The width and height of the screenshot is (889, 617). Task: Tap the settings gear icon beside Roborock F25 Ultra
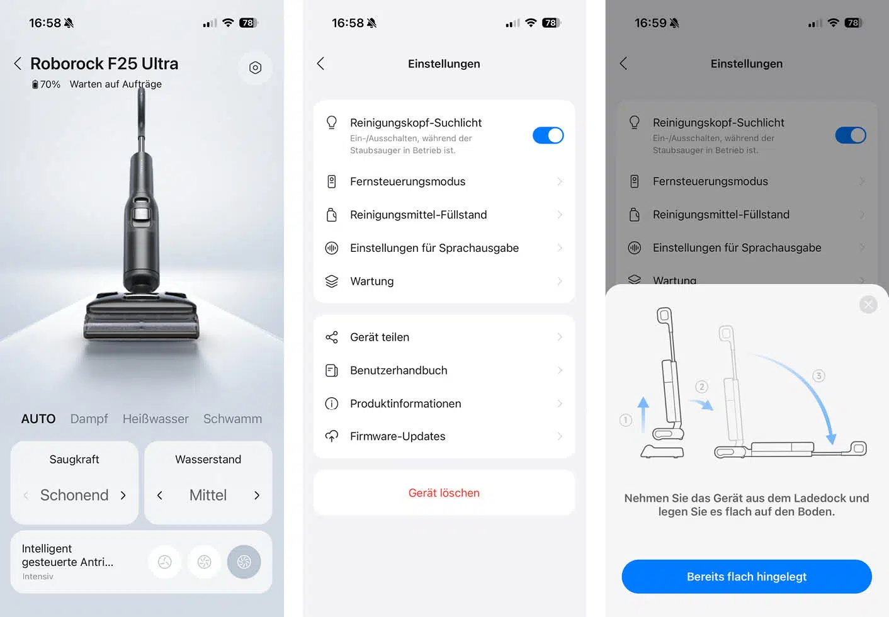(x=255, y=67)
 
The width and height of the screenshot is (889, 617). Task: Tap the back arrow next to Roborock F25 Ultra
(x=18, y=64)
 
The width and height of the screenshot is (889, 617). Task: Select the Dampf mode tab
(x=89, y=419)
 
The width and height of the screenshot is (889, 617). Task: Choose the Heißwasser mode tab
(x=156, y=419)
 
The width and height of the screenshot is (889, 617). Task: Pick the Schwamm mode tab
(x=232, y=419)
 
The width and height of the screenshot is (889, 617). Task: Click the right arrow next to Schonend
(x=123, y=495)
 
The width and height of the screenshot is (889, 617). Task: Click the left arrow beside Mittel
(x=159, y=495)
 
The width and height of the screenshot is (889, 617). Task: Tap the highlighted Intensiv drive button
(x=244, y=562)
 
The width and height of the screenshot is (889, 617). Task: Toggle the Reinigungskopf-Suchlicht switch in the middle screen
(x=548, y=135)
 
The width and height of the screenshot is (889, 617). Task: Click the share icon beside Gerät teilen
(x=331, y=337)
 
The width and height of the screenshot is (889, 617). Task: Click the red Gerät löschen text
(x=444, y=493)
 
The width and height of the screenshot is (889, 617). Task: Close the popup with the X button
(x=868, y=305)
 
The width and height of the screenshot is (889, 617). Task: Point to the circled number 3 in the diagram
(x=818, y=376)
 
